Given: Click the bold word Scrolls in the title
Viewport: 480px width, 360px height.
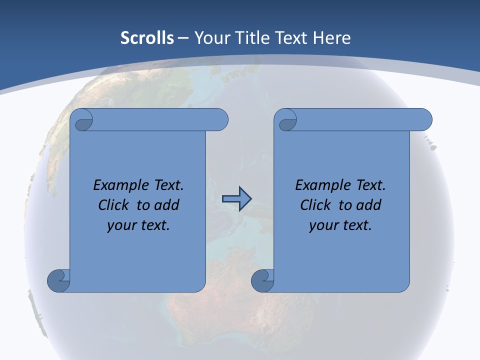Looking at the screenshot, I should [147, 38].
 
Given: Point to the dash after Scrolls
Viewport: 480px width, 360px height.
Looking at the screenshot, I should [183, 38].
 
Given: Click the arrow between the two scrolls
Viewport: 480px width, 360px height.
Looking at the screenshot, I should [236, 199].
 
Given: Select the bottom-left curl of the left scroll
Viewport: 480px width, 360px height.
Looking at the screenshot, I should [58, 280].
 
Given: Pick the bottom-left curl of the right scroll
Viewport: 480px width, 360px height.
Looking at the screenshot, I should [262, 280].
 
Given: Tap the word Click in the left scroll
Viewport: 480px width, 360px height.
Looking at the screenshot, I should [114, 205].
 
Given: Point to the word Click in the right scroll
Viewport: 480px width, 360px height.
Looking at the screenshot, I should [315, 205].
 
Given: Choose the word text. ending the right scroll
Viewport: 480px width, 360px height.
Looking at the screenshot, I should [356, 225].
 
